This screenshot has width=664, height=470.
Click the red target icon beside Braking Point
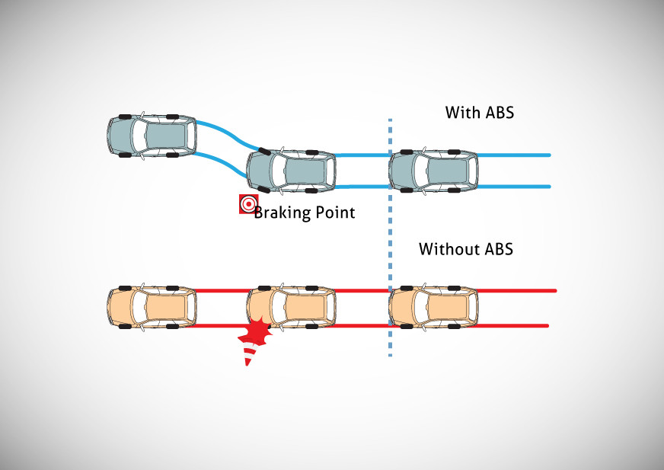point(247,204)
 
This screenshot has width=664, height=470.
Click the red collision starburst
point(257,332)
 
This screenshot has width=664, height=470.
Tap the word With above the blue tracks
point(462,113)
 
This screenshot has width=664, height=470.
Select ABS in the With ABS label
point(500,113)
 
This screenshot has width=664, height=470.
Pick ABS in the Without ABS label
point(499,249)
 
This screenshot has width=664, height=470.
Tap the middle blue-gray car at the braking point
point(291,170)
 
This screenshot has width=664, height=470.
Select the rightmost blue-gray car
point(433,170)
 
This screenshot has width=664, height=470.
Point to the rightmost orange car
point(433,307)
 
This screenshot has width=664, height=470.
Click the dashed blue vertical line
point(390,229)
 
